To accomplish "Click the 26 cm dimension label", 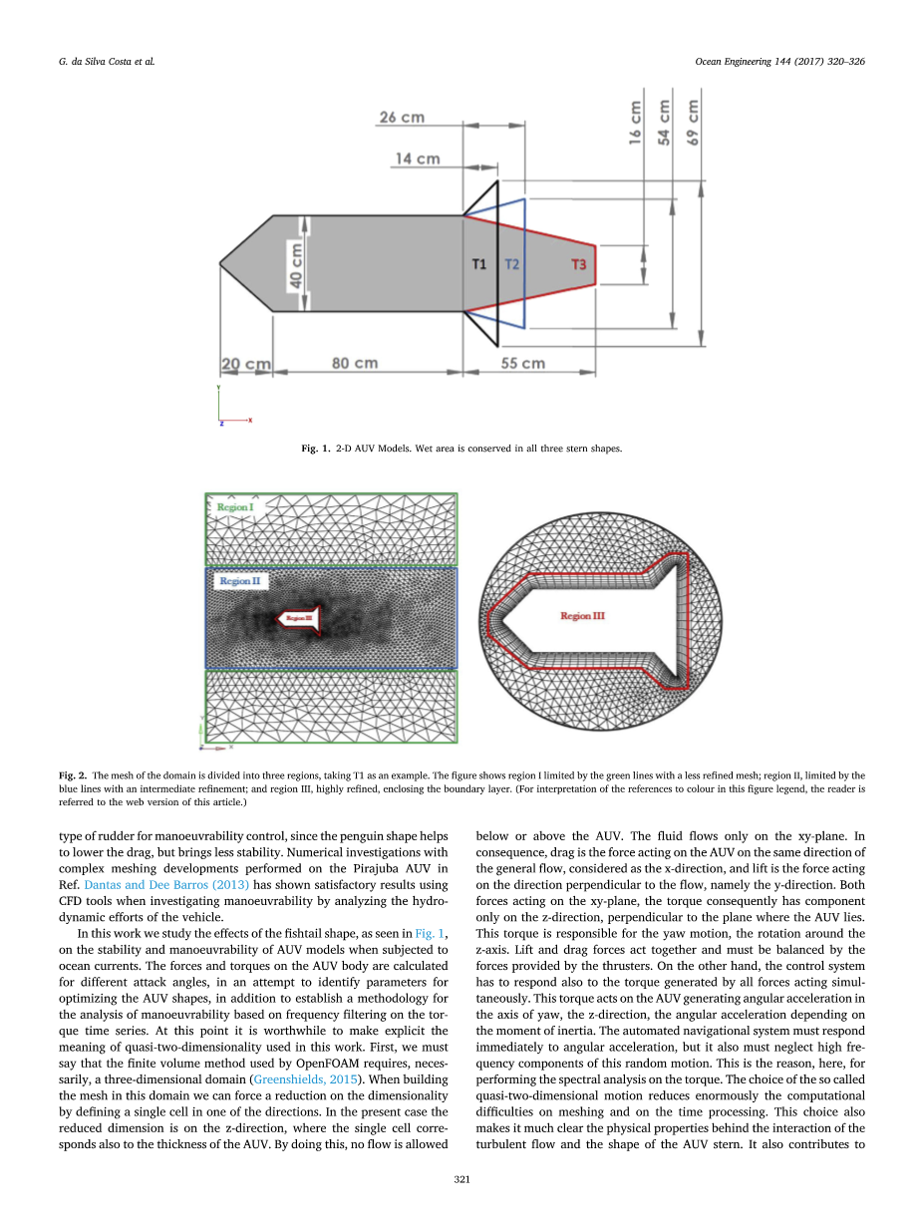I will [x=402, y=118].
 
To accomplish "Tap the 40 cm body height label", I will [x=296, y=264].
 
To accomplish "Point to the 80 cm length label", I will [x=355, y=363].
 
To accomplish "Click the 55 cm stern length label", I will [x=522, y=363].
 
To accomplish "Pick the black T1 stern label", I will [x=479, y=264].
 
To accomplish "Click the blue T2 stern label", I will [x=511, y=264].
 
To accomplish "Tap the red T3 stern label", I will [x=579, y=264].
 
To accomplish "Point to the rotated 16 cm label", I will [x=636, y=123].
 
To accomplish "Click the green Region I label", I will [x=235, y=507].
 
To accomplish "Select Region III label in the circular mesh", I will [x=582, y=616].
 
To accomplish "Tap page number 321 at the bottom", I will [x=461, y=1179].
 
